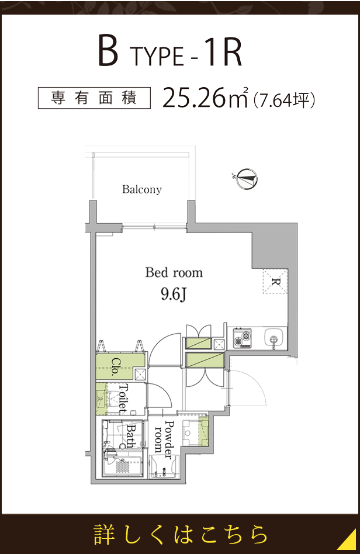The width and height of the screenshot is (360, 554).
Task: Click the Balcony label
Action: [x=141, y=189]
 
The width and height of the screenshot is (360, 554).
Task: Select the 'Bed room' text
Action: [x=174, y=272]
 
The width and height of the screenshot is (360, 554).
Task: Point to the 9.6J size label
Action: [x=173, y=295]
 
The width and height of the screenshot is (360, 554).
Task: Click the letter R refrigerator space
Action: [x=275, y=282]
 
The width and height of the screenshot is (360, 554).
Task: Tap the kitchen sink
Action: [x=272, y=338]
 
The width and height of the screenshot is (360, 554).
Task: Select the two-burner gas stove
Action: [x=243, y=338]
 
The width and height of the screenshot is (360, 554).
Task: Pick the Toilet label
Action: [x=123, y=399]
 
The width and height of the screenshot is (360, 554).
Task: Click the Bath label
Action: [x=131, y=436]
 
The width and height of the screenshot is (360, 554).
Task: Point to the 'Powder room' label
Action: [x=164, y=439]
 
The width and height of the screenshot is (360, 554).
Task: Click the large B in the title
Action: [x=108, y=53]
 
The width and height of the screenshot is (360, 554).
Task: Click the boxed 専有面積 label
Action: [x=94, y=98]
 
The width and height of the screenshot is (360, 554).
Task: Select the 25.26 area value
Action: [x=193, y=98]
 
